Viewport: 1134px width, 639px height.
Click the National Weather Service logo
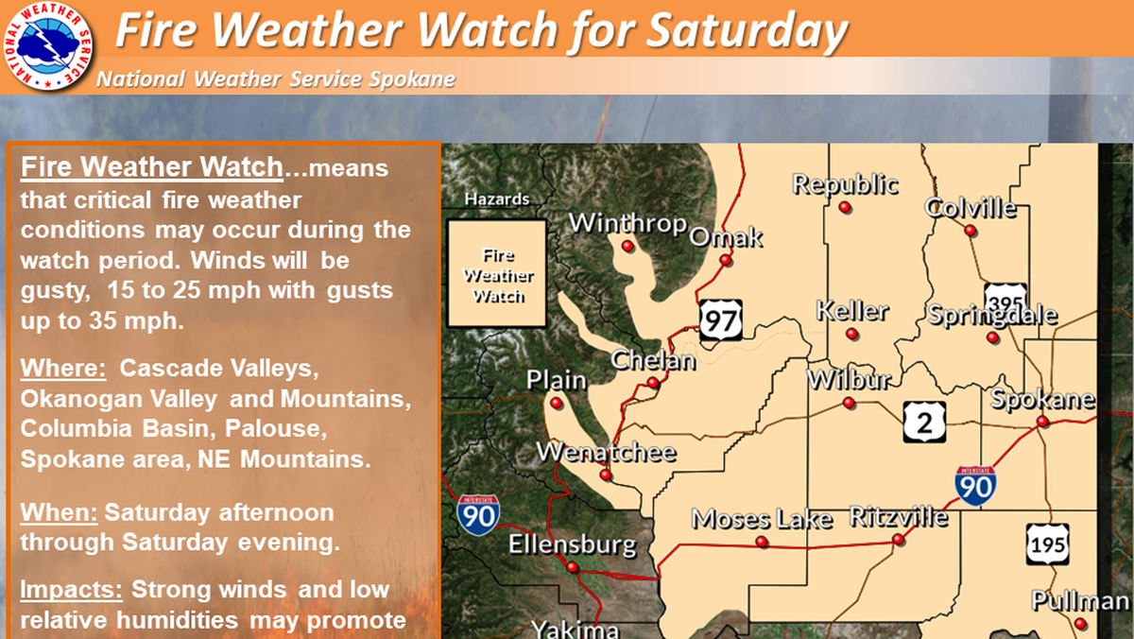click(46, 46)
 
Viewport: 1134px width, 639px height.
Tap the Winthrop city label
click(628, 224)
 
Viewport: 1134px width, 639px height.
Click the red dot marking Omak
click(726, 260)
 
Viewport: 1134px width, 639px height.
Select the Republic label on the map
click(845, 183)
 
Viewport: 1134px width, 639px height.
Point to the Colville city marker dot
click(970, 230)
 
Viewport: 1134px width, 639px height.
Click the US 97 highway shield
click(721, 319)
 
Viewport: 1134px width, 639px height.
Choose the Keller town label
click(852, 309)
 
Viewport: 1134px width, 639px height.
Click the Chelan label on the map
click(653, 360)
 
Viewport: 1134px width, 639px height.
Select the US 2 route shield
click(923, 421)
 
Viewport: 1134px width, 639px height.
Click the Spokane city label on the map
click(1042, 398)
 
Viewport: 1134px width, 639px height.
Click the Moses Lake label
click(762, 518)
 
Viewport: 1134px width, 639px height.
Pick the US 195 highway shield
click(1047, 545)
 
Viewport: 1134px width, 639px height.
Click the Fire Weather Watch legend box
click(498, 275)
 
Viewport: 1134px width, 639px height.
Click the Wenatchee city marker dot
click(606, 475)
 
